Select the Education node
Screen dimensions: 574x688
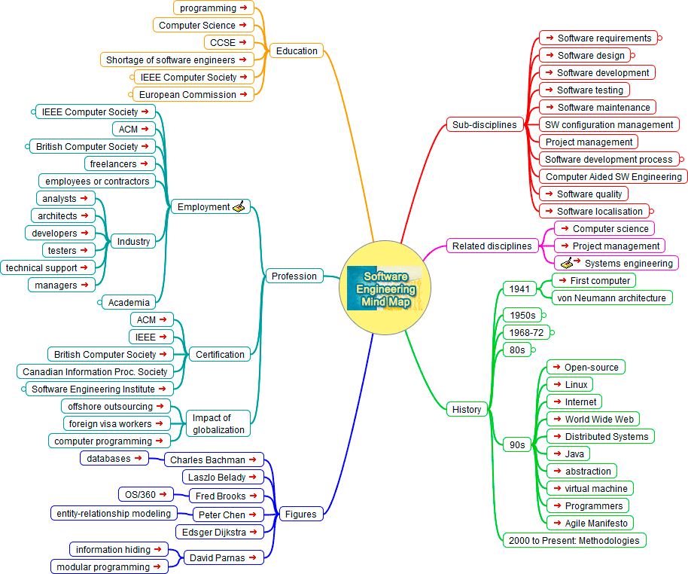[x=297, y=51]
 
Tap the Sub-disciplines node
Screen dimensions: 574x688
[x=485, y=125]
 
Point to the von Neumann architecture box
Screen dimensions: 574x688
[x=610, y=298]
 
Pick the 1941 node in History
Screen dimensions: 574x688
[x=519, y=289]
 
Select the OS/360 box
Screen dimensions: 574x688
[x=146, y=494]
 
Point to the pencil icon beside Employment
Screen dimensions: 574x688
[x=239, y=206]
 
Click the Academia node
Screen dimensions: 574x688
[x=129, y=302]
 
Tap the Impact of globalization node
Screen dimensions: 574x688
[x=218, y=423]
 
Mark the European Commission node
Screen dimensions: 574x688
[x=193, y=95]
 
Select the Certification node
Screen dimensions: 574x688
[x=220, y=354]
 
